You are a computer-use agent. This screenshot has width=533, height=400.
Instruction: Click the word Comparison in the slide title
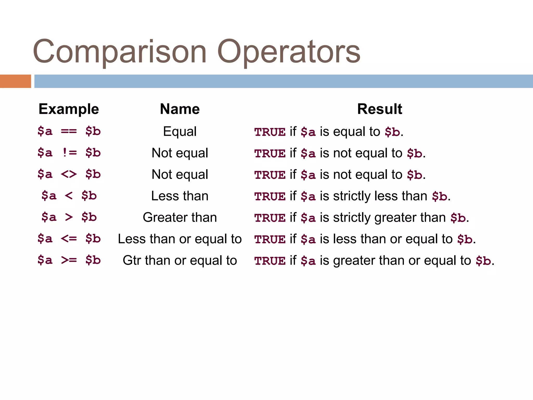tap(120, 51)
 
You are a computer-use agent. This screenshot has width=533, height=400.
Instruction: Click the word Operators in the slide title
tap(289, 51)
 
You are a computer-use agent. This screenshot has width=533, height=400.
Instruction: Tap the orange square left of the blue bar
tap(15, 81)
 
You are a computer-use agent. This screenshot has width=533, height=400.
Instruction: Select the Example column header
tap(69, 109)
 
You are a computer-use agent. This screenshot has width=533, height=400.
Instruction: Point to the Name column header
tap(180, 109)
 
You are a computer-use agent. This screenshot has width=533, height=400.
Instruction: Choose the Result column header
tap(379, 109)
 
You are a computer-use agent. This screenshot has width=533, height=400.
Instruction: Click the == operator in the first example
tap(69, 131)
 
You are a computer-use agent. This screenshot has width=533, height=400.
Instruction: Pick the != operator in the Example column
tap(69, 153)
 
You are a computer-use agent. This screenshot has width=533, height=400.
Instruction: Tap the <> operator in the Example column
tap(69, 174)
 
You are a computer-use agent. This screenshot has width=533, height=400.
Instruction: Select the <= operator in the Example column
tap(69, 239)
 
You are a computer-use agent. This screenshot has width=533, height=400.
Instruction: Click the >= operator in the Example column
tap(69, 260)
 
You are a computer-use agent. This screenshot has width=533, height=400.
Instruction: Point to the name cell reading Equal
tap(180, 131)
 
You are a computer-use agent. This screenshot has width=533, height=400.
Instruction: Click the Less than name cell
tap(180, 196)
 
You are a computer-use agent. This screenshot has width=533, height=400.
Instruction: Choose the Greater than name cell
tap(180, 217)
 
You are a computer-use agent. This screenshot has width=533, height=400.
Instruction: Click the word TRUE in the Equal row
tap(270, 132)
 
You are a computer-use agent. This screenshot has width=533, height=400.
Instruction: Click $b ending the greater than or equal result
tap(483, 261)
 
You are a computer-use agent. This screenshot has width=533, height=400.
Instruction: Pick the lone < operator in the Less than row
tap(69, 196)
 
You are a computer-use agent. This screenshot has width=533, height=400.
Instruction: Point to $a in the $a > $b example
tap(49, 217)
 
